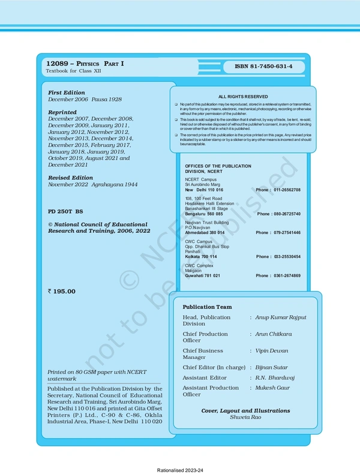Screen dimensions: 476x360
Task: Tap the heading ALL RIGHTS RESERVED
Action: click(243, 96)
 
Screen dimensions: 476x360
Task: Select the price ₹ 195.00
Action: click(62, 291)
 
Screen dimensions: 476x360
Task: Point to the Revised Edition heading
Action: click(71, 178)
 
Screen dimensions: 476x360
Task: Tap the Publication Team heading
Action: click(207, 306)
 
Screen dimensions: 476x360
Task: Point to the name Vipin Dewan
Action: click(272, 351)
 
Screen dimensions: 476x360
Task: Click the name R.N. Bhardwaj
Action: click(274, 378)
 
